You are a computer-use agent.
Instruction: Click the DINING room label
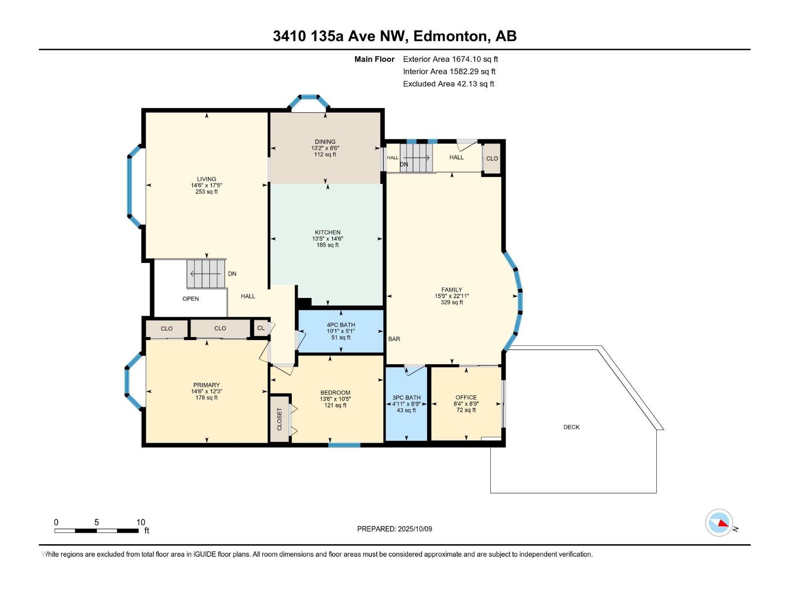pos(325,142)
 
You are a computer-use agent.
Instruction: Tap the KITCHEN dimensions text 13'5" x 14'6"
pos(327,239)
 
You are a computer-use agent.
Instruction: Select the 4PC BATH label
pos(341,325)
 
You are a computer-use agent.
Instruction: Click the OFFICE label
pos(466,397)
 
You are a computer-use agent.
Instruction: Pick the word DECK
pos(571,427)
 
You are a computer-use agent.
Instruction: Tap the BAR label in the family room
pos(394,339)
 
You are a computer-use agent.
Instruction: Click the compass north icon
pos(718,522)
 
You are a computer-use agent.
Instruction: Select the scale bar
pos(97,531)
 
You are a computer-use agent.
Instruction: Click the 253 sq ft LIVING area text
pos(206,192)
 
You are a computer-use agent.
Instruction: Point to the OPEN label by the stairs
pos(191,298)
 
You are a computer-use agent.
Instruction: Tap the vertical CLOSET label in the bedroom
pos(279,419)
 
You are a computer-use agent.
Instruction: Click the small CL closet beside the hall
pos(261,328)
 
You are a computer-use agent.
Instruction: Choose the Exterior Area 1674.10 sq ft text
pos(450,59)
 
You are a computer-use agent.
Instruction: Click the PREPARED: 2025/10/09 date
pos(395,529)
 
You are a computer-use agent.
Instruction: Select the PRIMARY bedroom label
pos(206,385)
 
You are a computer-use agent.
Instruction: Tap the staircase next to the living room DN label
pos(205,274)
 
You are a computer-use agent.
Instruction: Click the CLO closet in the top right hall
pos(492,159)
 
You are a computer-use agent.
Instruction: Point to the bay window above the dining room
pos(309,101)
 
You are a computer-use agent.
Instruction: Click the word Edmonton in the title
pos(450,36)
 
